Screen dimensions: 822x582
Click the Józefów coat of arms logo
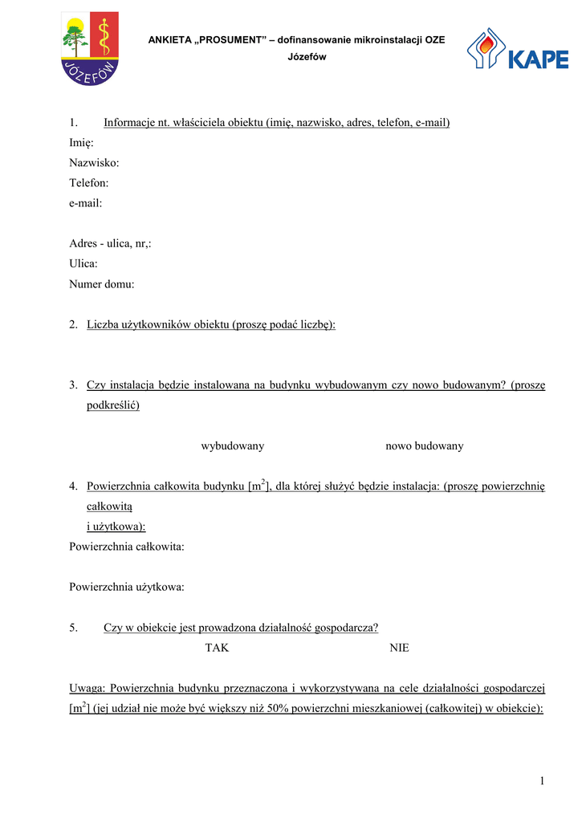[90, 48]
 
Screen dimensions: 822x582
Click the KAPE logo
[517, 50]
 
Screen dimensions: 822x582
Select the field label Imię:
[81, 143]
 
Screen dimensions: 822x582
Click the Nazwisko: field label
[94, 163]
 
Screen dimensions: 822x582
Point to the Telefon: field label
[88, 183]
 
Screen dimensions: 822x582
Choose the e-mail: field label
[86, 203]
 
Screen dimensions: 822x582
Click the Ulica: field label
[83, 263]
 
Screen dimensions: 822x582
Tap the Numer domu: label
[101, 283]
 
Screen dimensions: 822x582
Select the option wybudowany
[232, 446]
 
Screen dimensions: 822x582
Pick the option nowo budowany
[424, 446]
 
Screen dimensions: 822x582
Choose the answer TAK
[217, 647]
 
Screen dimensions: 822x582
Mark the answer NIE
[399, 647]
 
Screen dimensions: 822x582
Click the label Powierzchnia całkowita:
[127, 547]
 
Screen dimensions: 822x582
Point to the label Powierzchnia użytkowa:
[127, 587]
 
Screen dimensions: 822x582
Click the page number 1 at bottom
[542, 781]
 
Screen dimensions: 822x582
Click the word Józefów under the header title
[307, 58]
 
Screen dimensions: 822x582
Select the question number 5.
[73, 627]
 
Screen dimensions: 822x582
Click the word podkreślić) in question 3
[113, 405]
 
